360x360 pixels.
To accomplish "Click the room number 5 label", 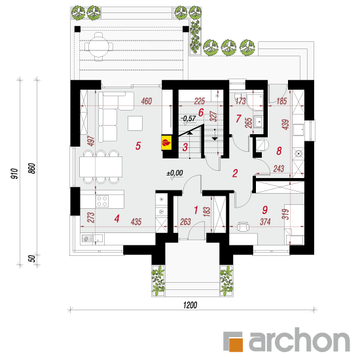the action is pos(138,145).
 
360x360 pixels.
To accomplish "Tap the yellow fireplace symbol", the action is pos(166,143).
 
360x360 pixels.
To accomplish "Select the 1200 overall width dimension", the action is pos(190,305).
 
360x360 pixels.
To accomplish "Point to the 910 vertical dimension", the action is pos(14,174).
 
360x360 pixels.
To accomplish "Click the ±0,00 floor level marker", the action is pos(175,173).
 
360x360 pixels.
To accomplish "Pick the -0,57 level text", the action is pos(189,118).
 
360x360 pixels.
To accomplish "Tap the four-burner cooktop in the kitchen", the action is pos(102,201).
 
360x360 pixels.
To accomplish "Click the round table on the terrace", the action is pos(98,47).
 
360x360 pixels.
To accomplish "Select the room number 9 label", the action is pos(264,209).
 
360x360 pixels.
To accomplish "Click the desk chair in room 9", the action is pos(243,227).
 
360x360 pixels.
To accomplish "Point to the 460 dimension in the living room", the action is pos(147,101).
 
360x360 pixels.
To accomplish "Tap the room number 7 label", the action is pos(238,118).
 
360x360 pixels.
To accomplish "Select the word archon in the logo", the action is pos(299,340).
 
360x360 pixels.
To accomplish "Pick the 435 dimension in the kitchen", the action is pos(136,221).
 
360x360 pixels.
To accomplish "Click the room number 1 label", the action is pos(196,210).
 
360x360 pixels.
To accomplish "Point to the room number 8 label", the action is pos(279,151).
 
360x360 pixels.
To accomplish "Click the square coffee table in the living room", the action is pos(135,123).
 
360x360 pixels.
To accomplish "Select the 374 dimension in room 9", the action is pos(265,221).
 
